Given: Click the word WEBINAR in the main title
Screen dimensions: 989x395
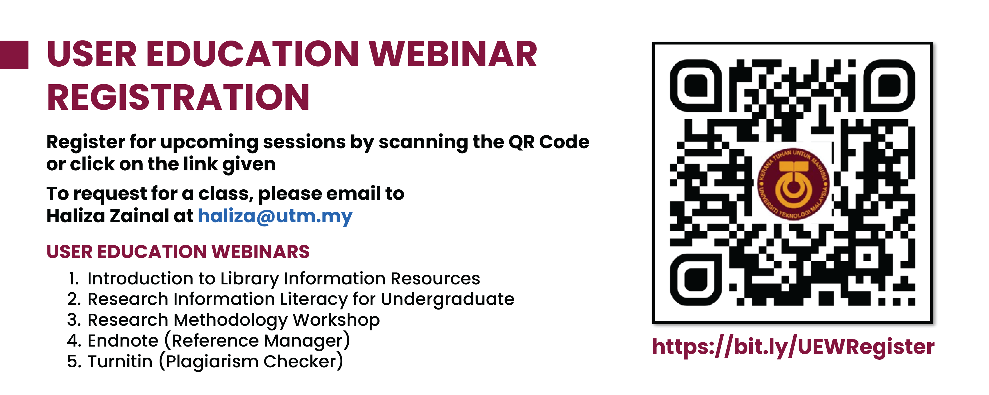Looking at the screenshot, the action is [x=453, y=55].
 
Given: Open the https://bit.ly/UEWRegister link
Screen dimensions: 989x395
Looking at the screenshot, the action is [x=793, y=347].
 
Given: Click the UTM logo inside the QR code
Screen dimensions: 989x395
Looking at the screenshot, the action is [x=793, y=184].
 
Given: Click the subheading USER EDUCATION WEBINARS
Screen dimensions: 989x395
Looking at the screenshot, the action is [x=178, y=252].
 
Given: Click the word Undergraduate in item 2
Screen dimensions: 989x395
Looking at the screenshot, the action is [x=447, y=299].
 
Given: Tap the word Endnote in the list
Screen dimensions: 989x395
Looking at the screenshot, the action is [x=123, y=340].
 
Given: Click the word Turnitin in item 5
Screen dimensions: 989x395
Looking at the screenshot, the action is [x=120, y=362].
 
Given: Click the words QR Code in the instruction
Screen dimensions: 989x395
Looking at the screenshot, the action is [x=549, y=142].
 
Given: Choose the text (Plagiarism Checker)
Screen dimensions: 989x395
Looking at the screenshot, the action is [x=251, y=362].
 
